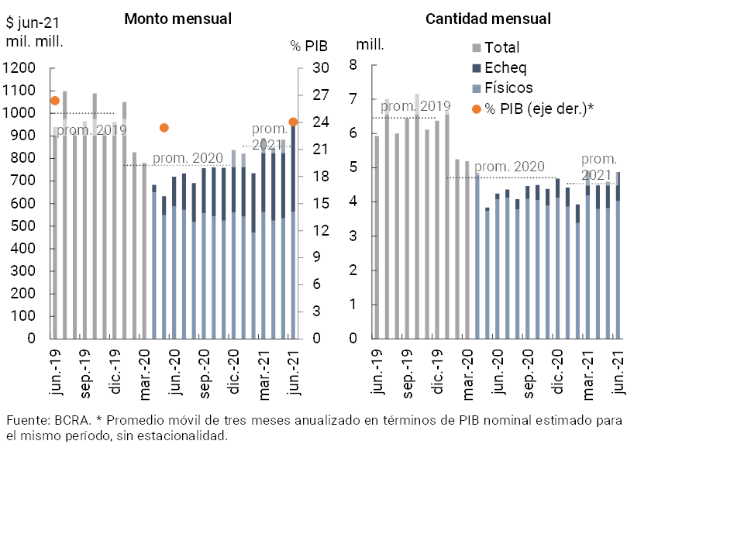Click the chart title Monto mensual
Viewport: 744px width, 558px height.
click(x=177, y=19)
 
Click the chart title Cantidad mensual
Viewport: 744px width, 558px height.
click(x=488, y=19)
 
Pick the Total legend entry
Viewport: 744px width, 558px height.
click(x=501, y=48)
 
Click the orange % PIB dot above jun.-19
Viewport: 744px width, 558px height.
click(x=55, y=101)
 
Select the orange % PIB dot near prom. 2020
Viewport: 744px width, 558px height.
click(x=164, y=128)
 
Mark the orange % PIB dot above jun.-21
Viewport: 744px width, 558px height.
click(x=293, y=122)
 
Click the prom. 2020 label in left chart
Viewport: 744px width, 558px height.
click(x=188, y=159)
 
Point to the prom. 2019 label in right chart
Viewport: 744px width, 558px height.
click(x=415, y=106)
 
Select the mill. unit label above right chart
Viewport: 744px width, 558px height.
click(x=370, y=44)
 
